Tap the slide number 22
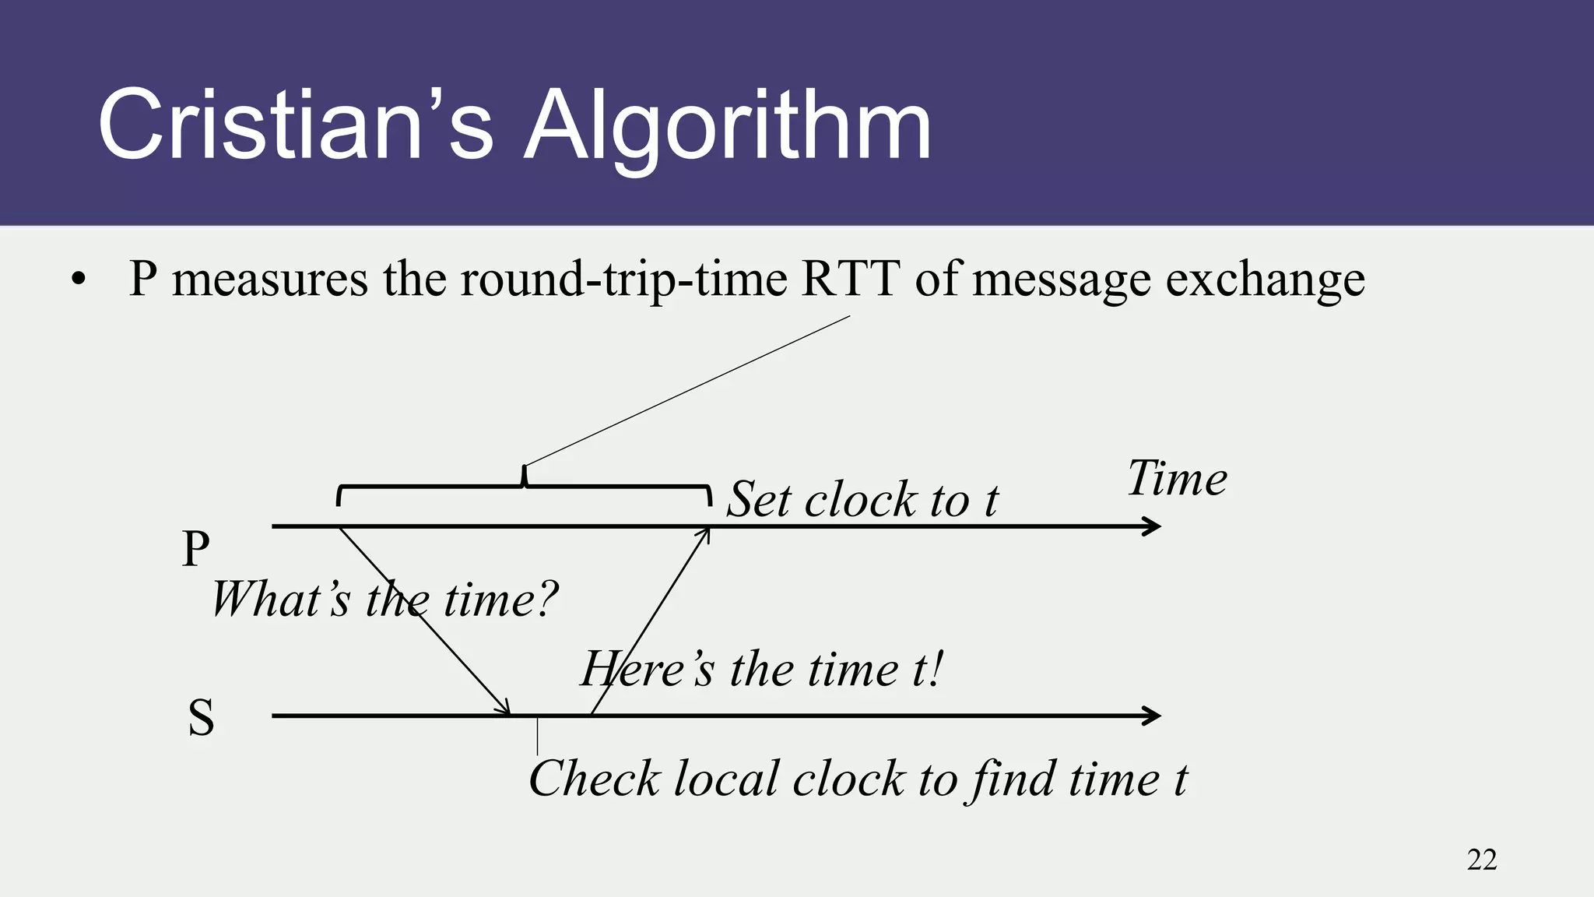[x=1481, y=860]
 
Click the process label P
[x=195, y=549]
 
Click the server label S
[x=201, y=717]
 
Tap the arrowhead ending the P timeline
[x=1153, y=526]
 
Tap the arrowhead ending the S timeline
[x=1153, y=716]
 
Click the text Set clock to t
[x=862, y=499]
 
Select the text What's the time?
[x=384, y=600]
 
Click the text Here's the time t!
[x=762, y=669]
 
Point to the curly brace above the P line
[x=524, y=487]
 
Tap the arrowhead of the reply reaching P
[x=704, y=534]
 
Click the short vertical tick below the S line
[x=537, y=737]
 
